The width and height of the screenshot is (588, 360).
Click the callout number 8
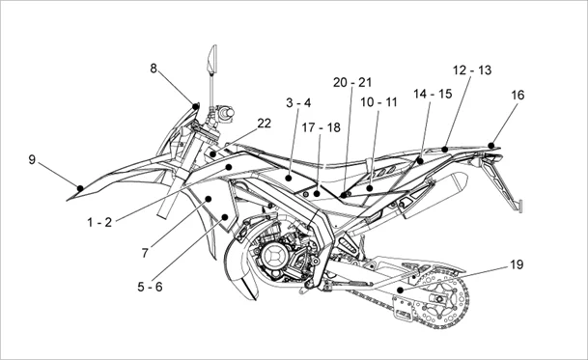click(x=154, y=69)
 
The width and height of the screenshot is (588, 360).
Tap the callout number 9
click(x=32, y=160)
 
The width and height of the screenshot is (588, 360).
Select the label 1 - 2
click(x=99, y=222)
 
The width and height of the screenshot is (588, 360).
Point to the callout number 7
click(x=145, y=254)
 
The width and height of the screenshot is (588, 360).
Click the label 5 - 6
click(x=150, y=287)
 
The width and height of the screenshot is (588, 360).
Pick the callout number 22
click(x=264, y=124)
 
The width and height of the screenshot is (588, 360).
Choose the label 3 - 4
click(x=298, y=102)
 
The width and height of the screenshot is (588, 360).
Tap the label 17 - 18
click(x=321, y=127)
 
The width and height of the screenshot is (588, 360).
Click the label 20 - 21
click(x=352, y=82)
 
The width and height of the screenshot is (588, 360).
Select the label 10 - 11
click(x=378, y=102)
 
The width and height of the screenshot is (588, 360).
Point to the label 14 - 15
click(x=433, y=94)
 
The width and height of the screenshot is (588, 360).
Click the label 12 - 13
click(x=472, y=70)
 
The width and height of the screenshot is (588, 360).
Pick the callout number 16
click(x=518, y=96)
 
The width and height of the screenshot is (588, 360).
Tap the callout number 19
click(x=517, y=264)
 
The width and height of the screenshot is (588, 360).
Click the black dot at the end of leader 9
click(x=80, y=188)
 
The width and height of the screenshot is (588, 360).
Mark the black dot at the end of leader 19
click(x=400, y=290)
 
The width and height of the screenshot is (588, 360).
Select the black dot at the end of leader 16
click(x=491, y=146)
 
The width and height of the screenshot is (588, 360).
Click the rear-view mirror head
click(x=212, y=59)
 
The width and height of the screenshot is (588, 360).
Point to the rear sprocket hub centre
click(x=438, y=299)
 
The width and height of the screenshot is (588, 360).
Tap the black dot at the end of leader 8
click(x=195, y=106)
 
